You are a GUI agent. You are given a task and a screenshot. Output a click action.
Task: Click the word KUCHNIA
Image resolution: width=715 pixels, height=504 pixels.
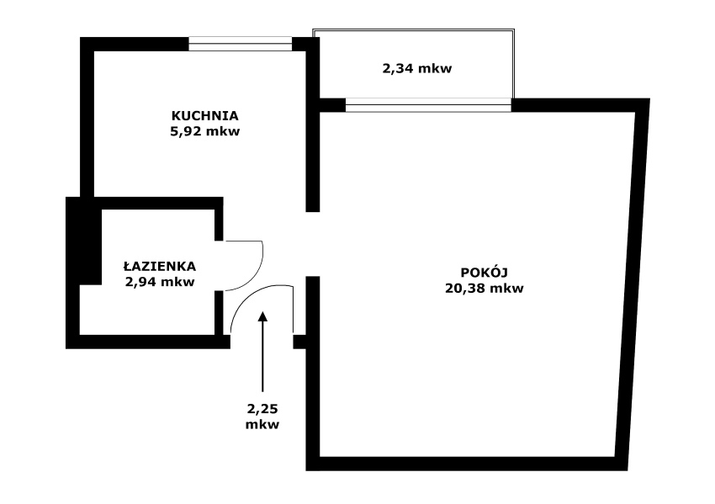[x=204, y=116]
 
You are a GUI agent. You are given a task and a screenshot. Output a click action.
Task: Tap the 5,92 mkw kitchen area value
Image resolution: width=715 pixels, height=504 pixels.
[x=204, y=132]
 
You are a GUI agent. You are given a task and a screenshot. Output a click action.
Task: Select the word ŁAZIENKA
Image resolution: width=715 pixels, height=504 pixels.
[x=160, y=266]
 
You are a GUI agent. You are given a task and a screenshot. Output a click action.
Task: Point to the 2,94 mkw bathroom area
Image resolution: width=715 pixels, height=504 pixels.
[x=160, y=282]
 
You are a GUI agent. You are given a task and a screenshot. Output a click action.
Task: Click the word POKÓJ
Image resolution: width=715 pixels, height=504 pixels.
[x=484, y=273]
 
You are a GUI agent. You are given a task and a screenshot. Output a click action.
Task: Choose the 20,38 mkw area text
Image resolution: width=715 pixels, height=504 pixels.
[x=484, y=289]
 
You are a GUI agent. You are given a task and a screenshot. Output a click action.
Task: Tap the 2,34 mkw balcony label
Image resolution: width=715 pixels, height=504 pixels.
[x=416, y=68]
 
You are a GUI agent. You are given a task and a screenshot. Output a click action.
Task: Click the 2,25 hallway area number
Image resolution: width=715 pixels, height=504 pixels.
[x=262, y=408]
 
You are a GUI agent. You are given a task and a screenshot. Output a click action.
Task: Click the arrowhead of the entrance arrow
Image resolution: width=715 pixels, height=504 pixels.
[x=262, y=316]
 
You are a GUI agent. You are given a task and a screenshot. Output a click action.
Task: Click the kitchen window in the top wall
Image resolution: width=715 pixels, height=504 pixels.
[x=241, y=44]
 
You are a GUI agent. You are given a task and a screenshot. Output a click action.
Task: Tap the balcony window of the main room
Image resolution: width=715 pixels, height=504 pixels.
[x=428, y=105]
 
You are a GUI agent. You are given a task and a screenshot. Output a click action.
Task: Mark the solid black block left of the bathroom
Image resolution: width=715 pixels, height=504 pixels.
[x=84, y=241]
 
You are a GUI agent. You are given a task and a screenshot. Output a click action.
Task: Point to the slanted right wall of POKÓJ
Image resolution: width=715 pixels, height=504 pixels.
[x=633, y=284]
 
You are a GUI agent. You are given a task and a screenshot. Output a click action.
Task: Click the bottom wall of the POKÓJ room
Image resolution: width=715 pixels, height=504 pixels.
[x=467, y=464]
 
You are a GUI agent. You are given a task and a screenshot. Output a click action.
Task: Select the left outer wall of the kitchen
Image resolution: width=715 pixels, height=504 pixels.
[x=87, y=117]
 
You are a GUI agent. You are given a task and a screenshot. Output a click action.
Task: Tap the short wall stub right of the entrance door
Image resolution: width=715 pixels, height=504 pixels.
[x=299, y=342]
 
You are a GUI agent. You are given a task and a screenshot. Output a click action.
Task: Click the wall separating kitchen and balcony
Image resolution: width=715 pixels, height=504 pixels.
[x=312, y=125]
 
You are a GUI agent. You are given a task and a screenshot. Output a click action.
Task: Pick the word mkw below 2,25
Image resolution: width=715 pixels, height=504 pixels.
[x=262, y=425]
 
